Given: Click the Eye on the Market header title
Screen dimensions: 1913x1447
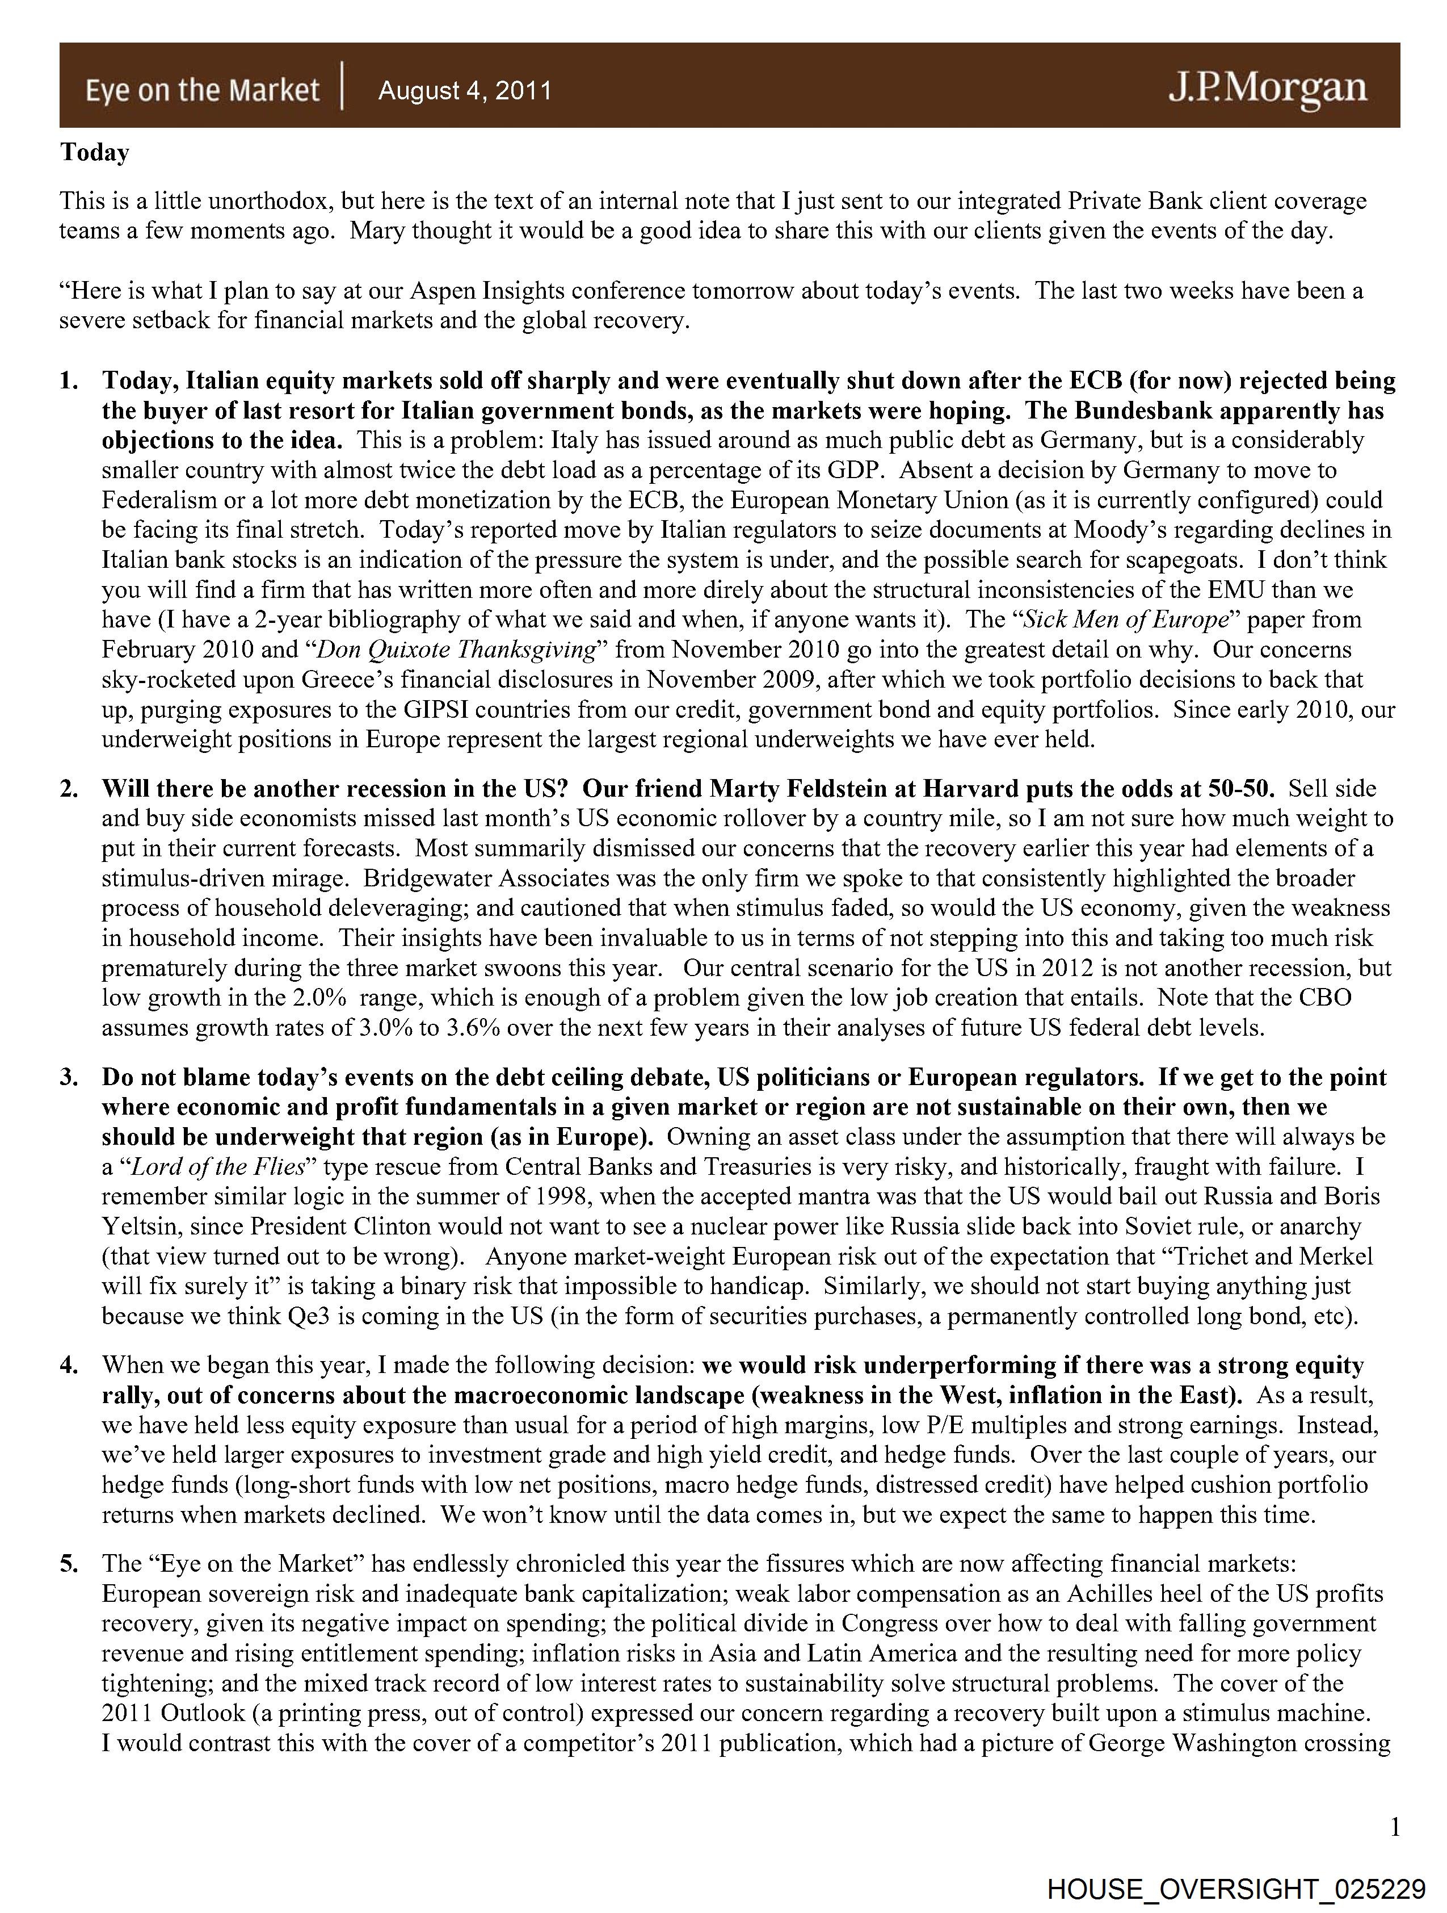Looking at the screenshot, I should click(202, 90).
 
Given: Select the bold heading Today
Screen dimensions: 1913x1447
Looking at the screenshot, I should click(94, 153).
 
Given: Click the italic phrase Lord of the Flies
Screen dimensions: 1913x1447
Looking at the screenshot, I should click(217, 1167).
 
